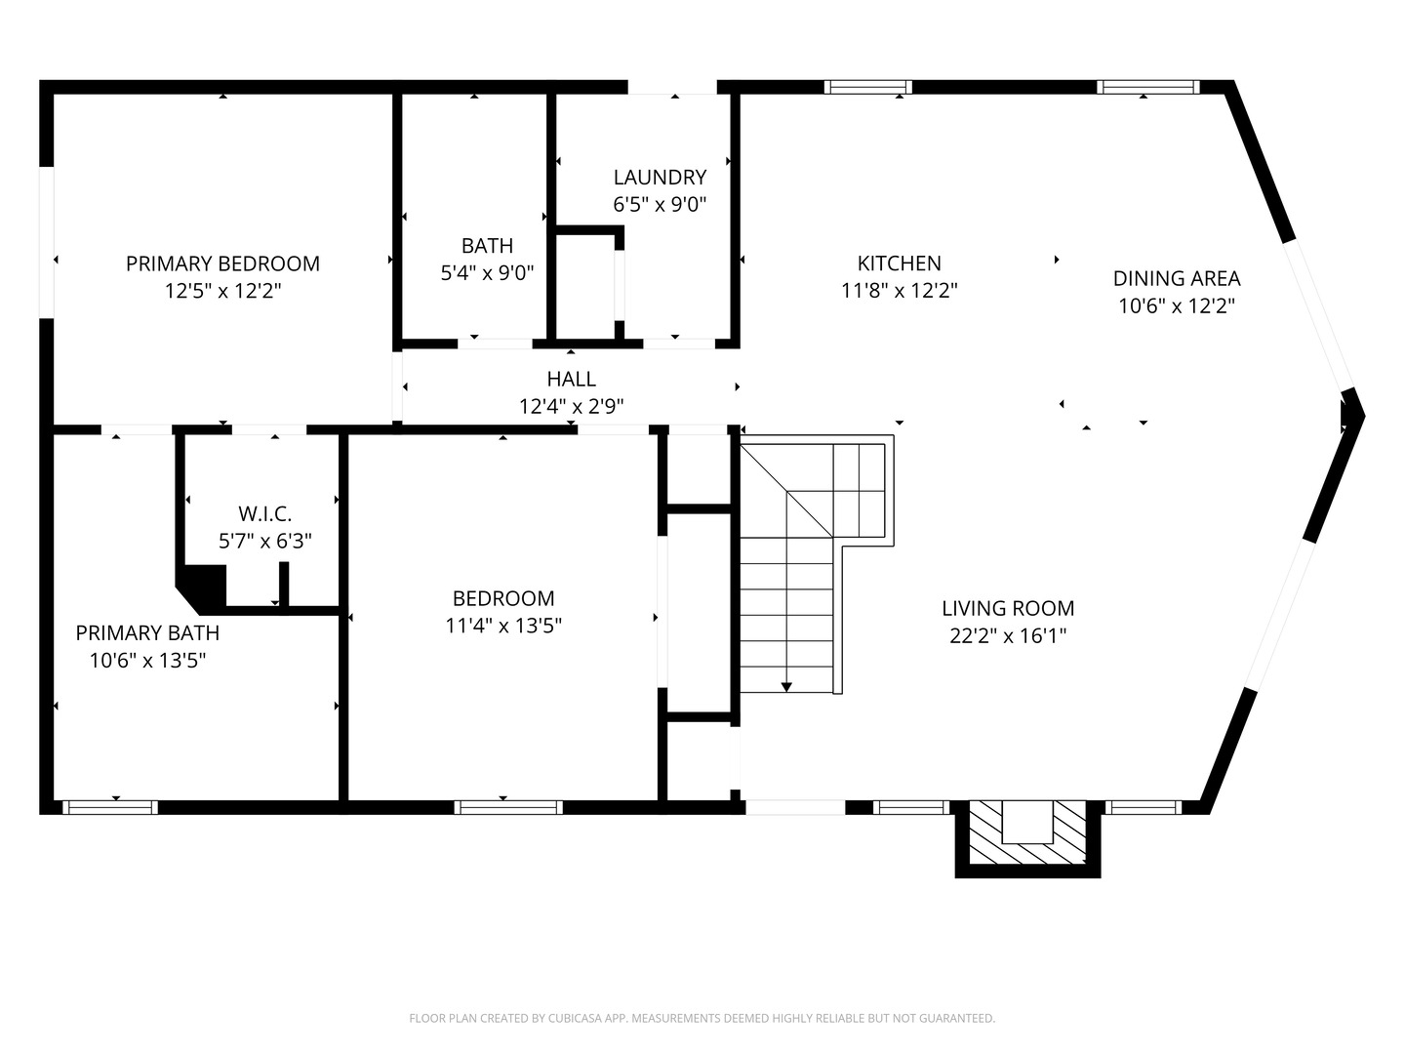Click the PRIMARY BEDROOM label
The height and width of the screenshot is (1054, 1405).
(x=222, y=263)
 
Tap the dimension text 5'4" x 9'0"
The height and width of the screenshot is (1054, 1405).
(x=487, y=273)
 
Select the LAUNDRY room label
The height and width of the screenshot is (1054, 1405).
(x=660, y=177)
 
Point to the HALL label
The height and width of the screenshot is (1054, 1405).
(x=571, y=379)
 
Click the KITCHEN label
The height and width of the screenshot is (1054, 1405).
(x=899, y=263)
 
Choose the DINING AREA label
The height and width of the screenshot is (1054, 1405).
(x=1176, y=278)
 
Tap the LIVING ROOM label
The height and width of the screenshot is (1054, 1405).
(x=1008, y=608)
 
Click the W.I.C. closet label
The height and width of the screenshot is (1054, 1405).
(x=264, y=513)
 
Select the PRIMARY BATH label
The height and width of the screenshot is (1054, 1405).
(x=147, y=632)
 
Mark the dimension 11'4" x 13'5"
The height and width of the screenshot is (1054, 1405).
(x=503, y=626)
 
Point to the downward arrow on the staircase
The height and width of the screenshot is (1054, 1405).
(x=786, y=686)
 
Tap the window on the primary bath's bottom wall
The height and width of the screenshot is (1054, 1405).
(x=110, y=807)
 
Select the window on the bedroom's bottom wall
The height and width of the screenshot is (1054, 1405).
(x=508, y=807)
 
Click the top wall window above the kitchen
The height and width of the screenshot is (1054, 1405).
(x=867, y=87)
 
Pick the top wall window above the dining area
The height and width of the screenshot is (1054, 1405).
(x=1147, y=87)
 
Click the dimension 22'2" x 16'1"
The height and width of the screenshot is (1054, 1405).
(x=1008, y=636)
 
